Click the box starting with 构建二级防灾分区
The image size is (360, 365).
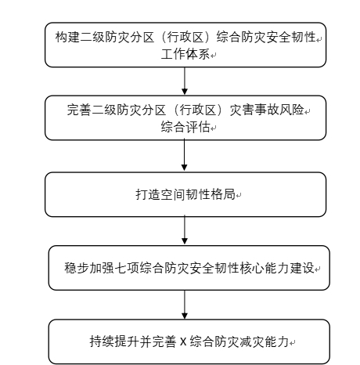pyautogui.click(x=184, y=45)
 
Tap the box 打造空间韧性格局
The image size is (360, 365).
pyautogui.click(x=184, y=193)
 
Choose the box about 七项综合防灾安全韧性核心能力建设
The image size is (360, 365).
pyautogui.click(x=185, y=268)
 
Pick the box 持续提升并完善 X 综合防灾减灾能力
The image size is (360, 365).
pyautogui.click(x=185, y=341)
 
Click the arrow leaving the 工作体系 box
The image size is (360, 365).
pyautogui.click(x=184, y=79)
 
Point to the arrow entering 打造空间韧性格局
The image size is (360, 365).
pyautogui.click(x=184, y=156)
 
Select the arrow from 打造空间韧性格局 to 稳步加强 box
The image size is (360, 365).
pyautogui.click(x=184, y=230)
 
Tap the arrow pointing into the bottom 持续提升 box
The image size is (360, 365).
pyautogui.click(x=184, y=305)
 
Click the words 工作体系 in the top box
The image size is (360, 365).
pyautogui.click(x=185, y=54)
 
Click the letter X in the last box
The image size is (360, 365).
pyautogui.click(x=182, y=342)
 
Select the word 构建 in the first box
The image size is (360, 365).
pyautogui.click(x=66, y=38)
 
